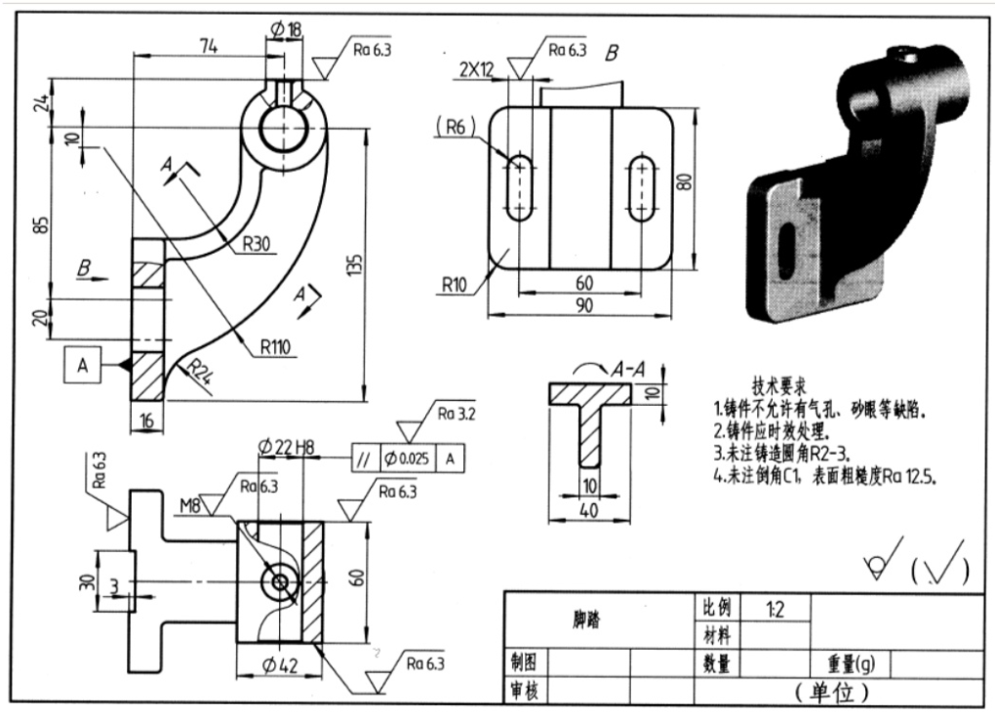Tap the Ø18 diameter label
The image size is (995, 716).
281,30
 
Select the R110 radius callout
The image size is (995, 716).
278,345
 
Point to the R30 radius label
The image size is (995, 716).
256,244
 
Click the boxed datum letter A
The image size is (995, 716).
83,365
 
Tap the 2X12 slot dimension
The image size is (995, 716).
477,69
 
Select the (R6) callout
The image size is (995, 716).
456,126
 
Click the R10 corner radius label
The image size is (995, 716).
455,286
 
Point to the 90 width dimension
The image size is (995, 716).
583,304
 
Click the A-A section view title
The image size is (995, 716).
628,370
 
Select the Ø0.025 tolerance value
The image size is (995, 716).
409,457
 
